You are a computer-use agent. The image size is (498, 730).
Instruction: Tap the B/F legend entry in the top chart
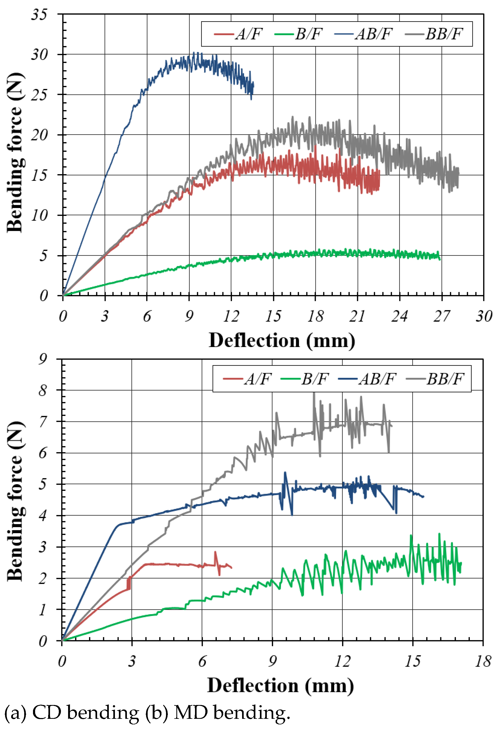click(298, 34)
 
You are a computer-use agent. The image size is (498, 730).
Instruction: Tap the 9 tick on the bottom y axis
click(43, 359)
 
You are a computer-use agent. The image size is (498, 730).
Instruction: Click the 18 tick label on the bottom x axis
click(483, 662)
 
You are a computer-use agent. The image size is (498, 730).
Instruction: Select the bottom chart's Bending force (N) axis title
click(15, 501)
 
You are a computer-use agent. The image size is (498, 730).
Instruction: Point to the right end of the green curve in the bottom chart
click(461, 563)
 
